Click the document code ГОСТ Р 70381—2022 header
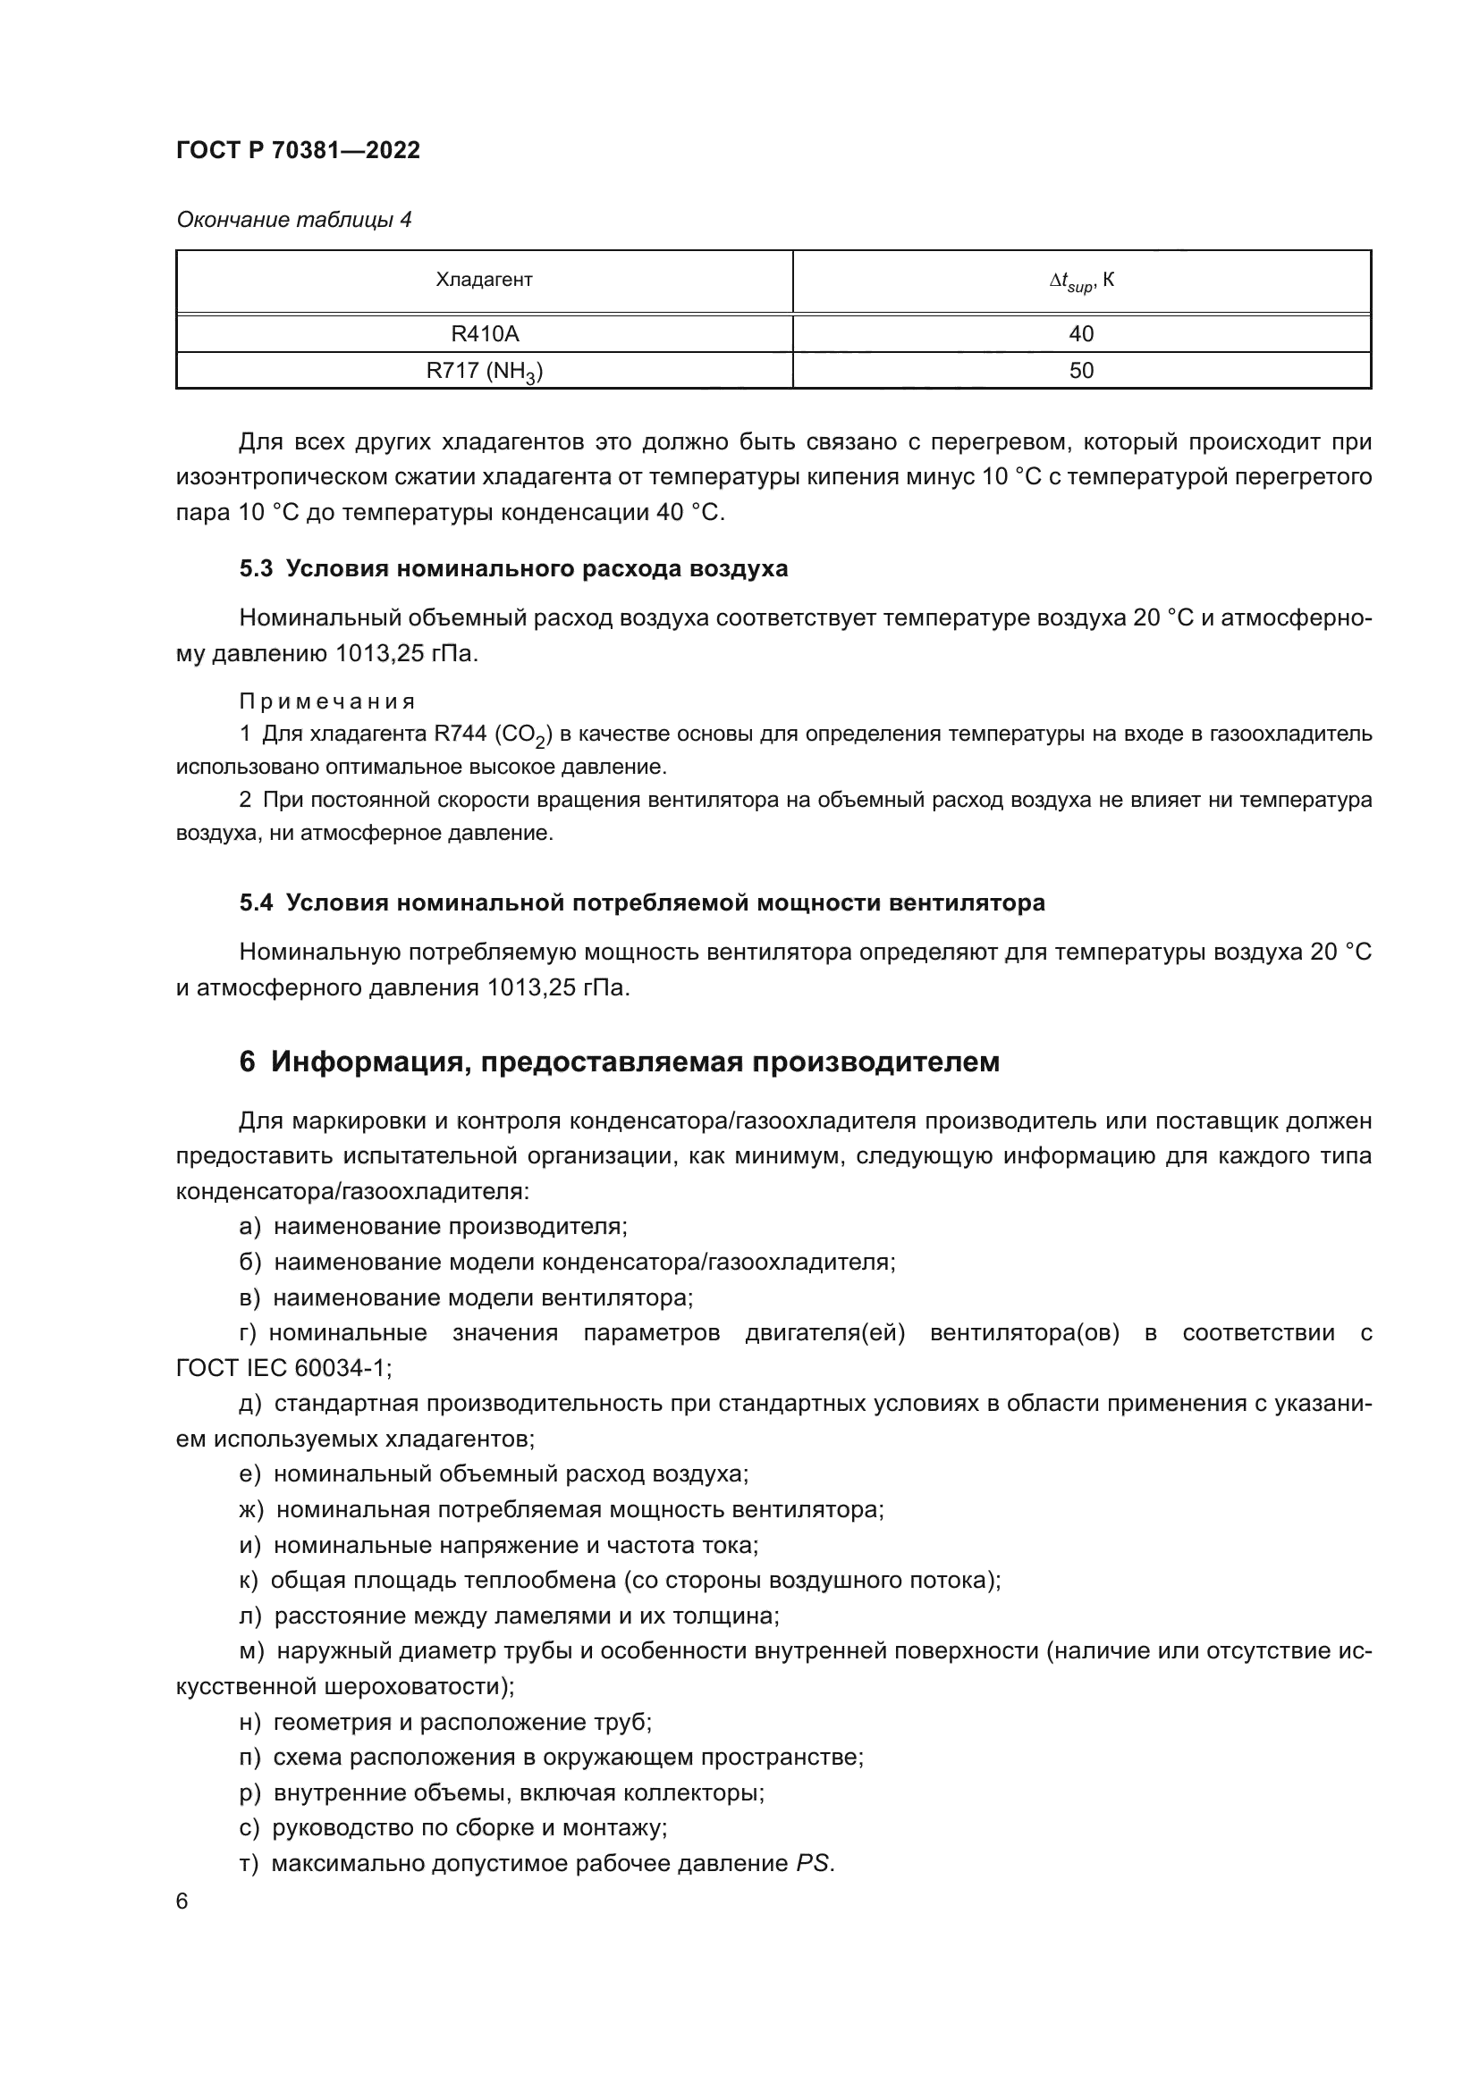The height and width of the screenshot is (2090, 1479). [x=298, y=150]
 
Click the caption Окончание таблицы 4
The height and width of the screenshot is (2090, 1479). [x=293, y=220]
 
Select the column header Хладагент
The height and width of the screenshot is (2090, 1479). [x=484, y=281]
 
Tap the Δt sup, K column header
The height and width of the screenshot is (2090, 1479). [x=1081, y=281]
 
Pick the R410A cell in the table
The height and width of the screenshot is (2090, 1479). [x=484, y=334]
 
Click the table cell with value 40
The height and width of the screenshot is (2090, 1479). [x=1081, y=334]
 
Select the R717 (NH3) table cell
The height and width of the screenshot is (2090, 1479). [x=484, y=372]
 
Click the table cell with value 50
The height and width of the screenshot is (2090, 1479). [x=1081, y=372]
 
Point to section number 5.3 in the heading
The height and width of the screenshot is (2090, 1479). [x=256, y=569]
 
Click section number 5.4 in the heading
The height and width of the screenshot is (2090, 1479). [x=256, y=903]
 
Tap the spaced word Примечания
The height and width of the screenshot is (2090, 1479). [x=327, y=701]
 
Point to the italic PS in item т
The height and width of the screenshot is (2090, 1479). [x=812, y=1863]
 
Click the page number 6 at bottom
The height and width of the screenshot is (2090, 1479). [x=182, y=1901]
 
